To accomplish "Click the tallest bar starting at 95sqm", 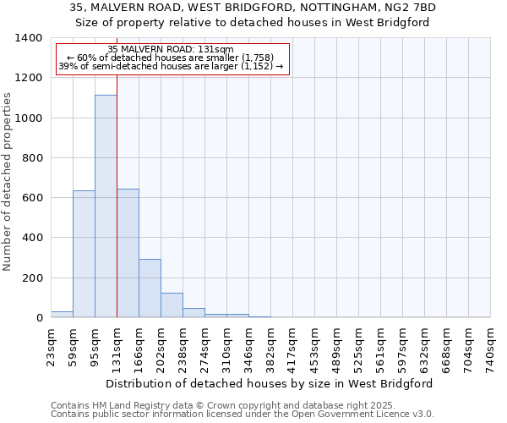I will pos(106,206).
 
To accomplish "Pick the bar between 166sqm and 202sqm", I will pos(150,288).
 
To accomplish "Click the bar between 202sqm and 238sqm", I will pos(172,305).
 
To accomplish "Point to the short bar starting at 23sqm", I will pos(62,315).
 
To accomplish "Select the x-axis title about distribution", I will pos(270,383).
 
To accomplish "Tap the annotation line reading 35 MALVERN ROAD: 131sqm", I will pos(172,50).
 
